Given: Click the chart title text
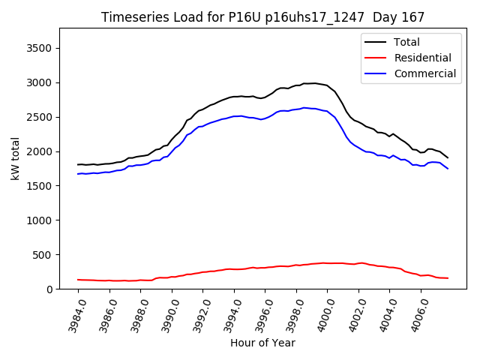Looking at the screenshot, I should (262, 17).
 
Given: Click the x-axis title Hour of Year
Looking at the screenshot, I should (262, 343).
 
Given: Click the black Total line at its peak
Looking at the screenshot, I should (314, 83).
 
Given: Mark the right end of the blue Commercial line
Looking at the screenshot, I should (448, 168).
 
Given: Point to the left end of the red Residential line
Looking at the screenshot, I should (78, 280).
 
